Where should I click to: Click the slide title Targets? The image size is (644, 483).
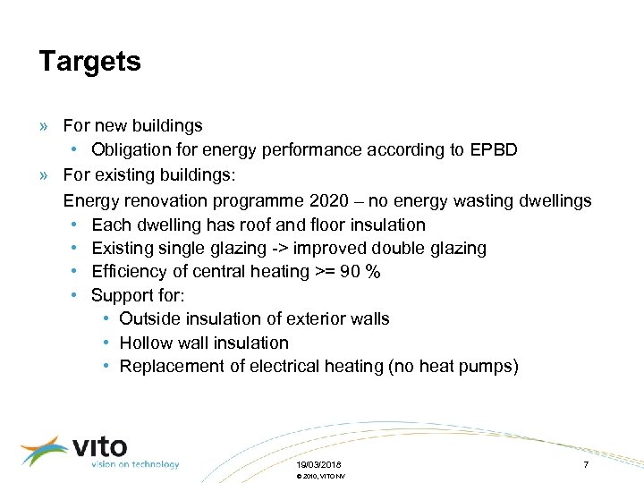point(89,62)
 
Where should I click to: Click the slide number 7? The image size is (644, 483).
point(586,465)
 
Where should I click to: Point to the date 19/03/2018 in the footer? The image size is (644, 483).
point(318,465)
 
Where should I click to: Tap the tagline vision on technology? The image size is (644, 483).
point(134,464)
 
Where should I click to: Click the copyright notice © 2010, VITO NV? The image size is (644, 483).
point(319,477)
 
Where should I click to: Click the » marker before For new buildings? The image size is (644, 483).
point(45,126)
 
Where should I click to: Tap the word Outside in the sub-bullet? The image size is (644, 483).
point(148,318)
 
